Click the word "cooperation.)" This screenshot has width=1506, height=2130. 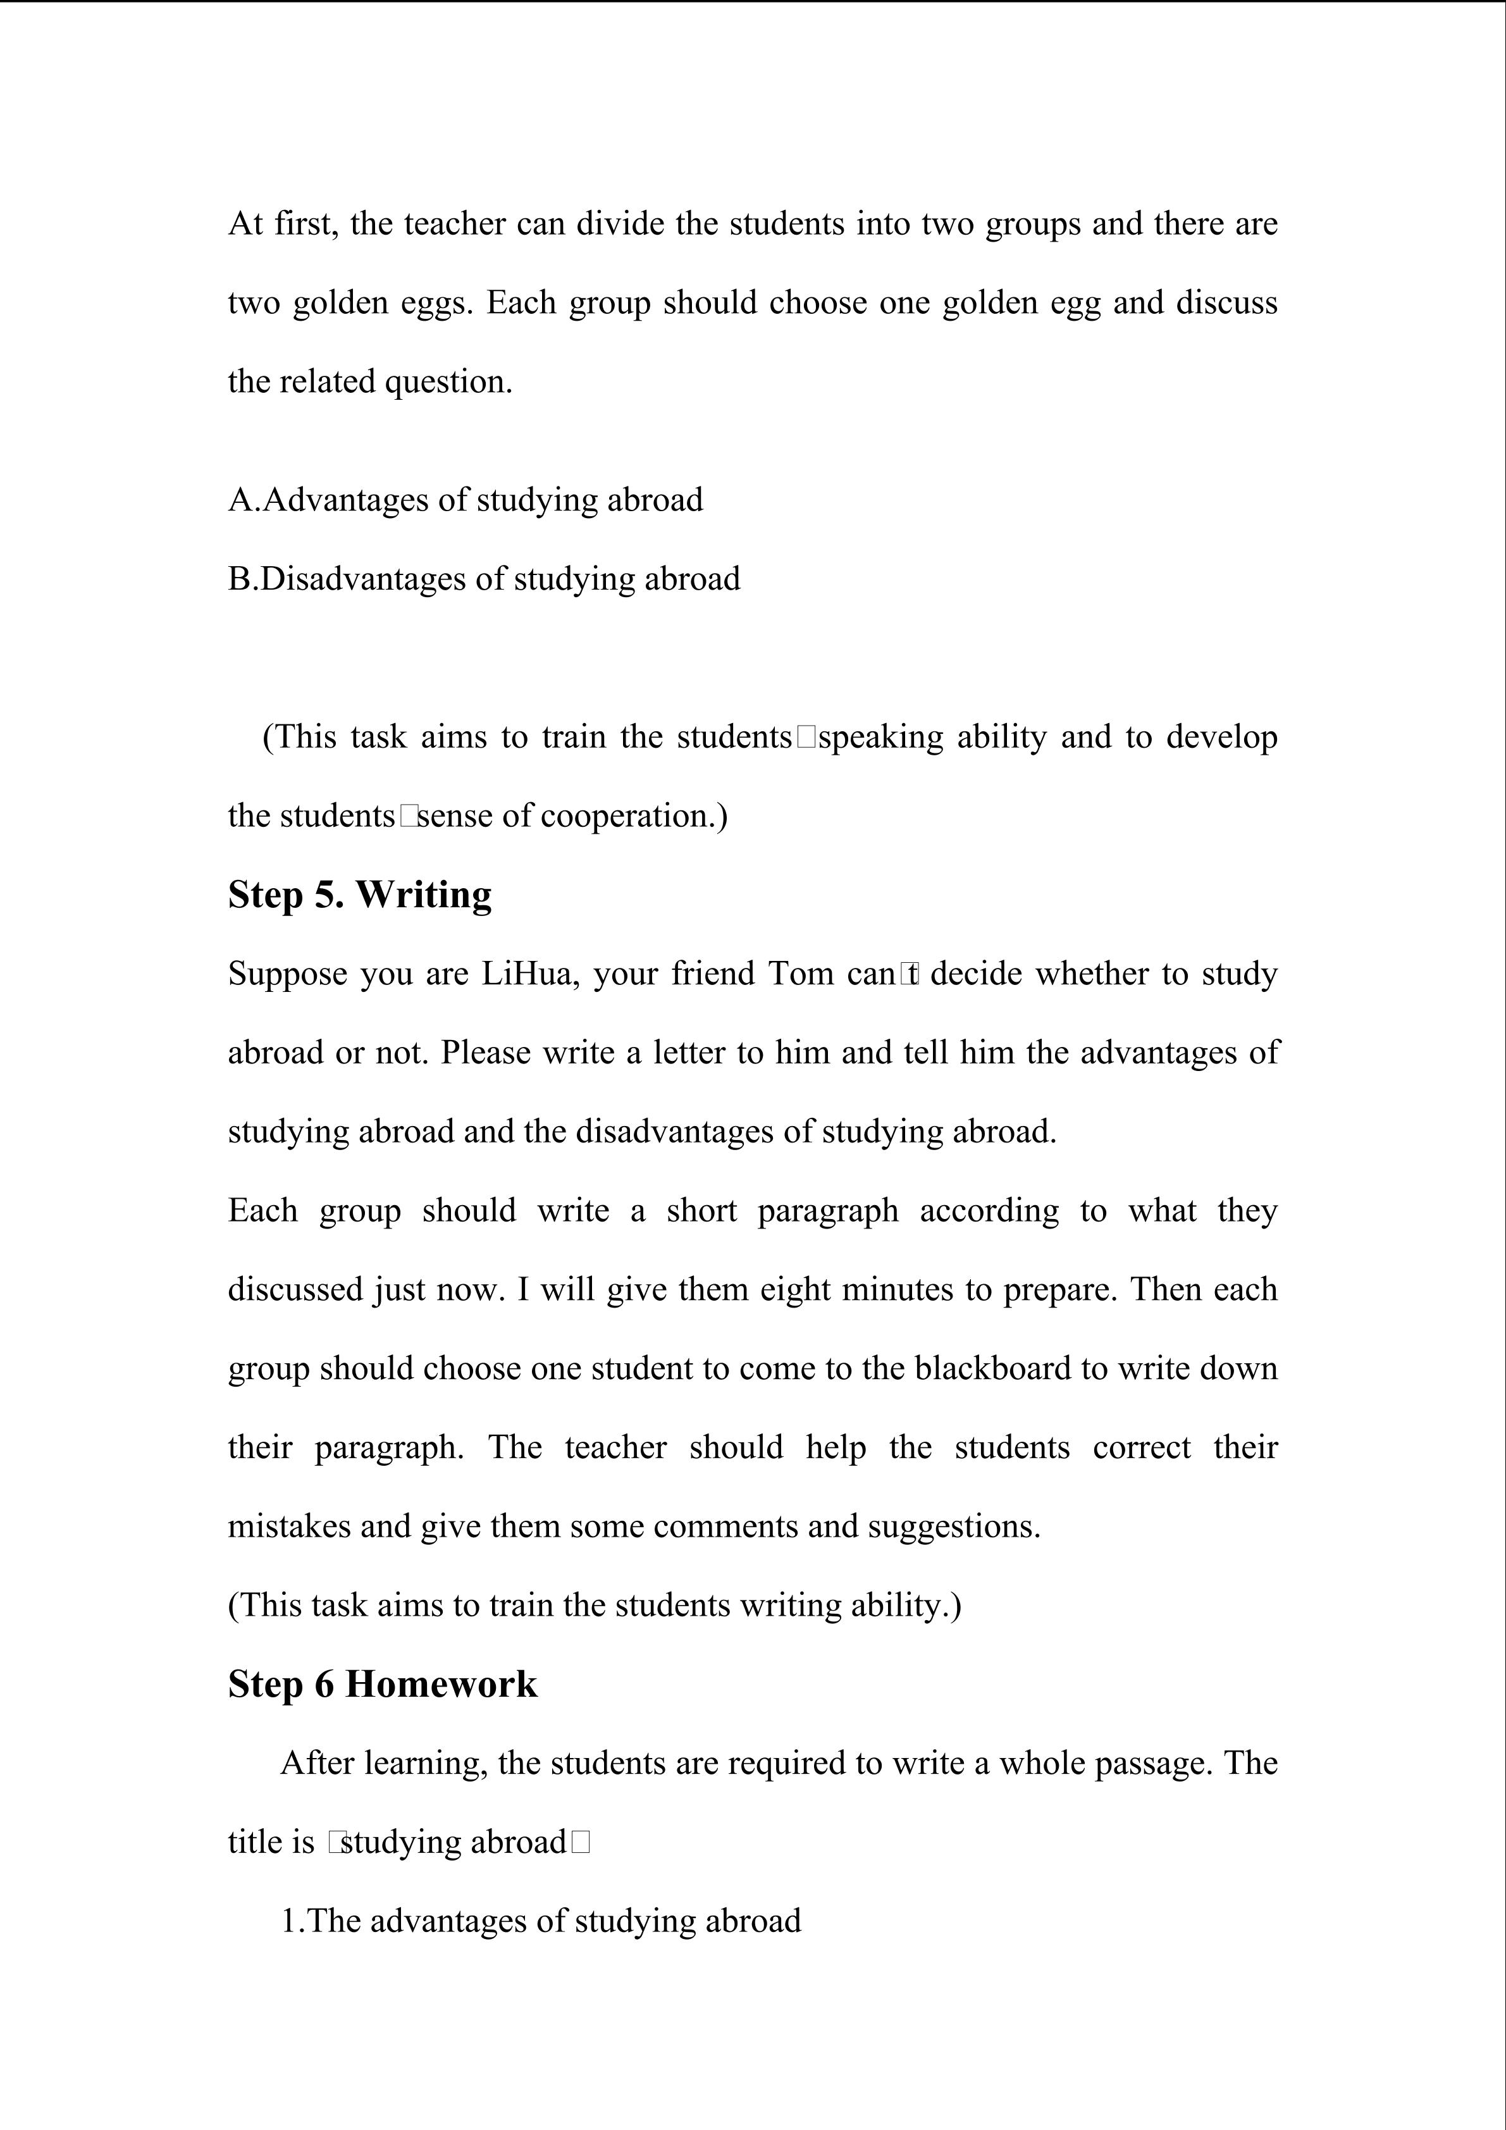coord(634,816)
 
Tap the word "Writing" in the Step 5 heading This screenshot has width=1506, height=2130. coord(424,895)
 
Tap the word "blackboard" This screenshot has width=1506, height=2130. coord(993,1368)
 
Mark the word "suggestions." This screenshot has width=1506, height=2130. coord(954,1526)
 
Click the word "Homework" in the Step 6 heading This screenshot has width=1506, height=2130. coord(441,1685)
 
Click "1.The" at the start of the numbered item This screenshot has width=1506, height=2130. coord(320,1921)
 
